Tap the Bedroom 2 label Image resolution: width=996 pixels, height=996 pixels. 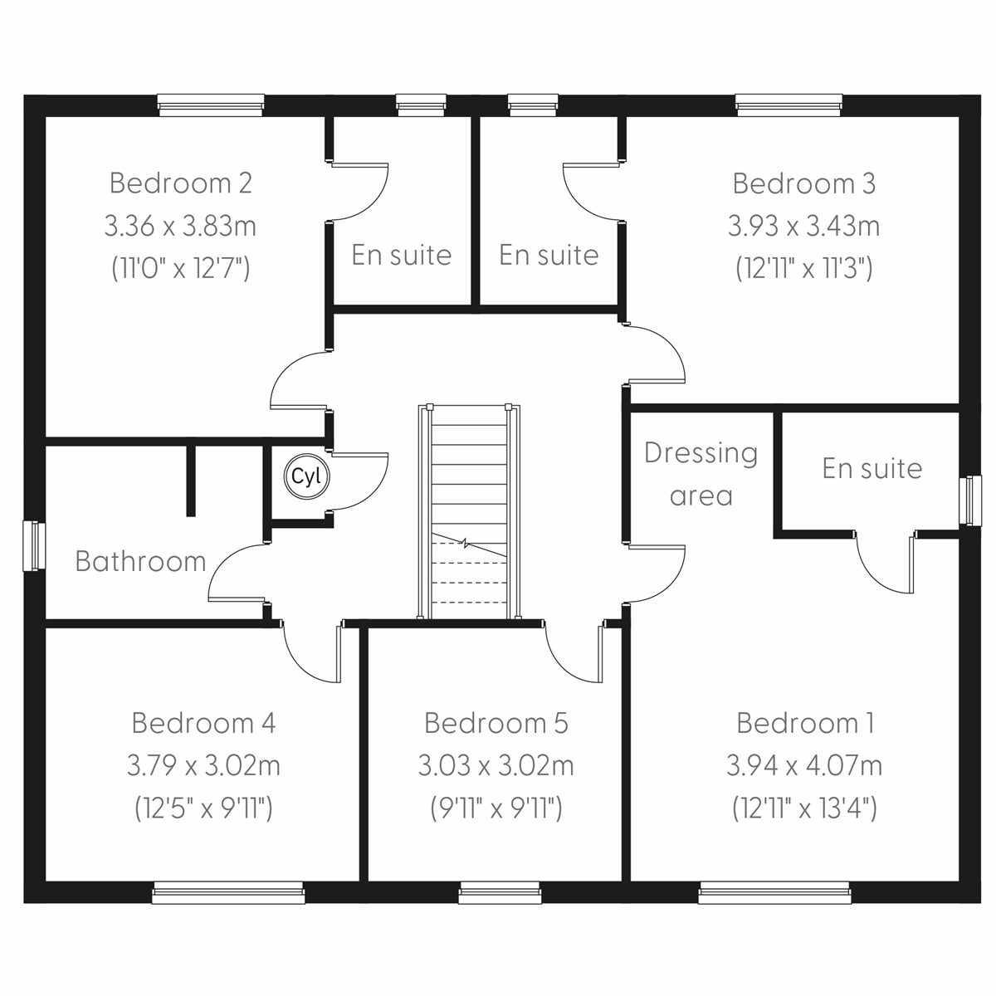click(180, 183)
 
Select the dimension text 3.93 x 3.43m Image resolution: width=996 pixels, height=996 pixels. click(803, 226)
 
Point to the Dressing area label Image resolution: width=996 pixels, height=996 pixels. click(701, 474)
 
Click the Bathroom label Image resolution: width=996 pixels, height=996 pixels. click(140, 561)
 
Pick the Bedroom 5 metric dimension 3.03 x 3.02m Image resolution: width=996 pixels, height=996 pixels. click(496, 765)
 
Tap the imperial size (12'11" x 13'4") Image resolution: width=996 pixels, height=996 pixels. click(803, 808)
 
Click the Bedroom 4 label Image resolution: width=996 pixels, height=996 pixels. click(203, 723)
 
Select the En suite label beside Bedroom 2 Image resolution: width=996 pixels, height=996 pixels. click(401, 255)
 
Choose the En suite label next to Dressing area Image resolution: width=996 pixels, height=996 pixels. click(872, 468)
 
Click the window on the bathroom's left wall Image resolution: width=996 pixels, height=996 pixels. click(33, 545)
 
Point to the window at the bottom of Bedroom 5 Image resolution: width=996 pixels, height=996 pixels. click(500, 894)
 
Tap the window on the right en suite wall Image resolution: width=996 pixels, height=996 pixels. click(969, 500)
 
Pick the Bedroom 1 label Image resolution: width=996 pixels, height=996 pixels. click(804, 723)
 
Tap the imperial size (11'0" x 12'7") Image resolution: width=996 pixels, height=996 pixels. click(180, 268)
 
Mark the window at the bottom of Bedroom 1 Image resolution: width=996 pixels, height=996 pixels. click(774, 894)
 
